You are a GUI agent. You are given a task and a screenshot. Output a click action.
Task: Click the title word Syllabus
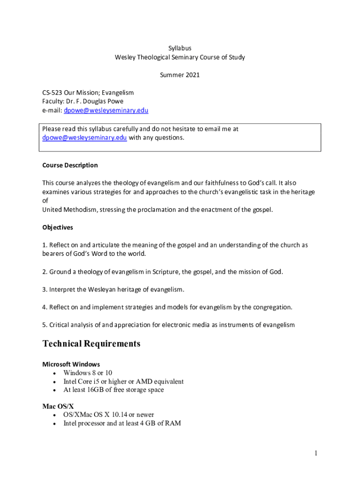(x=180, y=48)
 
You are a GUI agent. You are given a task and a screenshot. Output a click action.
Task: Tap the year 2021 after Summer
(x=192, y=75)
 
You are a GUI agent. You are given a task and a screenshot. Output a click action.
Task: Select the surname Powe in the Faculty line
(x=115, y=102)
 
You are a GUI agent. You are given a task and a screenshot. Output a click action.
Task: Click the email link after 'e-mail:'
(x=106, y=110)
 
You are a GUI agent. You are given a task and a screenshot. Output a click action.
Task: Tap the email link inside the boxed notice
(x=85, y=138)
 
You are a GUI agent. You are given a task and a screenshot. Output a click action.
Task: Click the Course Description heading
(x=70, y=165)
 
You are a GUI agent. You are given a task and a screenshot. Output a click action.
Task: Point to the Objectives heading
(x=58, y=227)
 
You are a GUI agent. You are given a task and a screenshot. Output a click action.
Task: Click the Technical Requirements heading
(x=91, y=344)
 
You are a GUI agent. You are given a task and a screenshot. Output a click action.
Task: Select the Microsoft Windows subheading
(x=71, y=364)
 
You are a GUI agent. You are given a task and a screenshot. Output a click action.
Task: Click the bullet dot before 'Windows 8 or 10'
(x=55, y=373)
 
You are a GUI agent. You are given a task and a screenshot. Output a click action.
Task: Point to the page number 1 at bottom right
(x=316, y=453)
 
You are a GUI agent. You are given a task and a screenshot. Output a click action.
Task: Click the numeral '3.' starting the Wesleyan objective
(x=45, y=290)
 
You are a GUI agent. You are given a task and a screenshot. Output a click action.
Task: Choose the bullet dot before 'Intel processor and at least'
(x=55, y=424)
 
